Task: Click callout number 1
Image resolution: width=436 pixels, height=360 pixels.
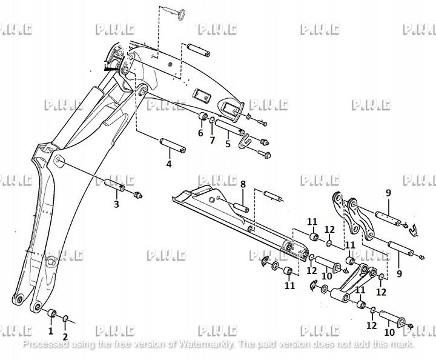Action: click(x=51, y=331)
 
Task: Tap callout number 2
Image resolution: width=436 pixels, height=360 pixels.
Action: click(x=65, y=336)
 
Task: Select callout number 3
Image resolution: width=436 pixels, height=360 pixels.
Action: click(x=117, y=204)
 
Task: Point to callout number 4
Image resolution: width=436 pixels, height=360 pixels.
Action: click(x=169, y=164)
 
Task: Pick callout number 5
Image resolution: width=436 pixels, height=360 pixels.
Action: click(x=228, y=144)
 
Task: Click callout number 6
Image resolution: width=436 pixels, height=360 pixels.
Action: click(x=200, y=133)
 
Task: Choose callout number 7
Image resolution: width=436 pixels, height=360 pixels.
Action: click(x=213, y=141)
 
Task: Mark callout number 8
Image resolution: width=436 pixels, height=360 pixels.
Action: click(x=242, y=184)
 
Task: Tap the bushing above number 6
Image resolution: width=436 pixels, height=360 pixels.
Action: click(x=203, y=117)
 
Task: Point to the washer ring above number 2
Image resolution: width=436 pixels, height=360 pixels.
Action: click(x=65, y=318)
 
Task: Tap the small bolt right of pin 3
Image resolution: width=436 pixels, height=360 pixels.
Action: click(x=138, y=195)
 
